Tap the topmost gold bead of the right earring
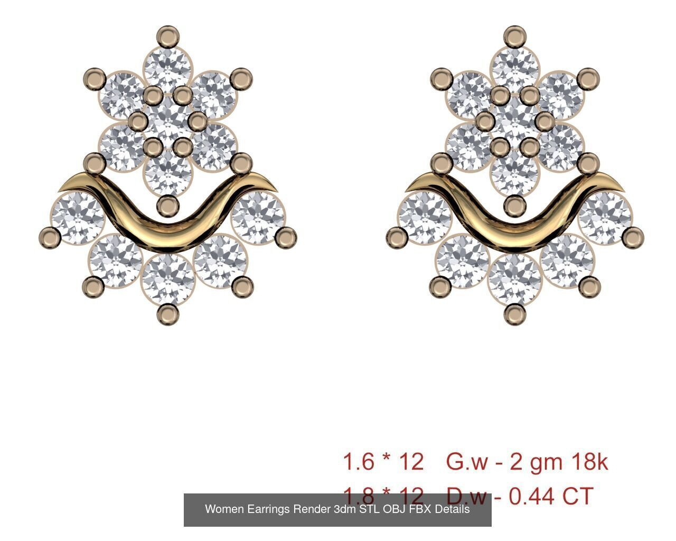coord(514,37)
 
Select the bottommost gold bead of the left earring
coord(168,314)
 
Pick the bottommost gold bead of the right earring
coord(514,314)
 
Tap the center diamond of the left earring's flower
coord(167,121)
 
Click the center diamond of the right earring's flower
coord(514,121)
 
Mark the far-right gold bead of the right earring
coord(632,237)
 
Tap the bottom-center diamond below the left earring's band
coord(168,277)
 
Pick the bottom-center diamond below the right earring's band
coord(514,277)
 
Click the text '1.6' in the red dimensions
coord(359,462)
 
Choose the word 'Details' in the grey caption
coord(452,509)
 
